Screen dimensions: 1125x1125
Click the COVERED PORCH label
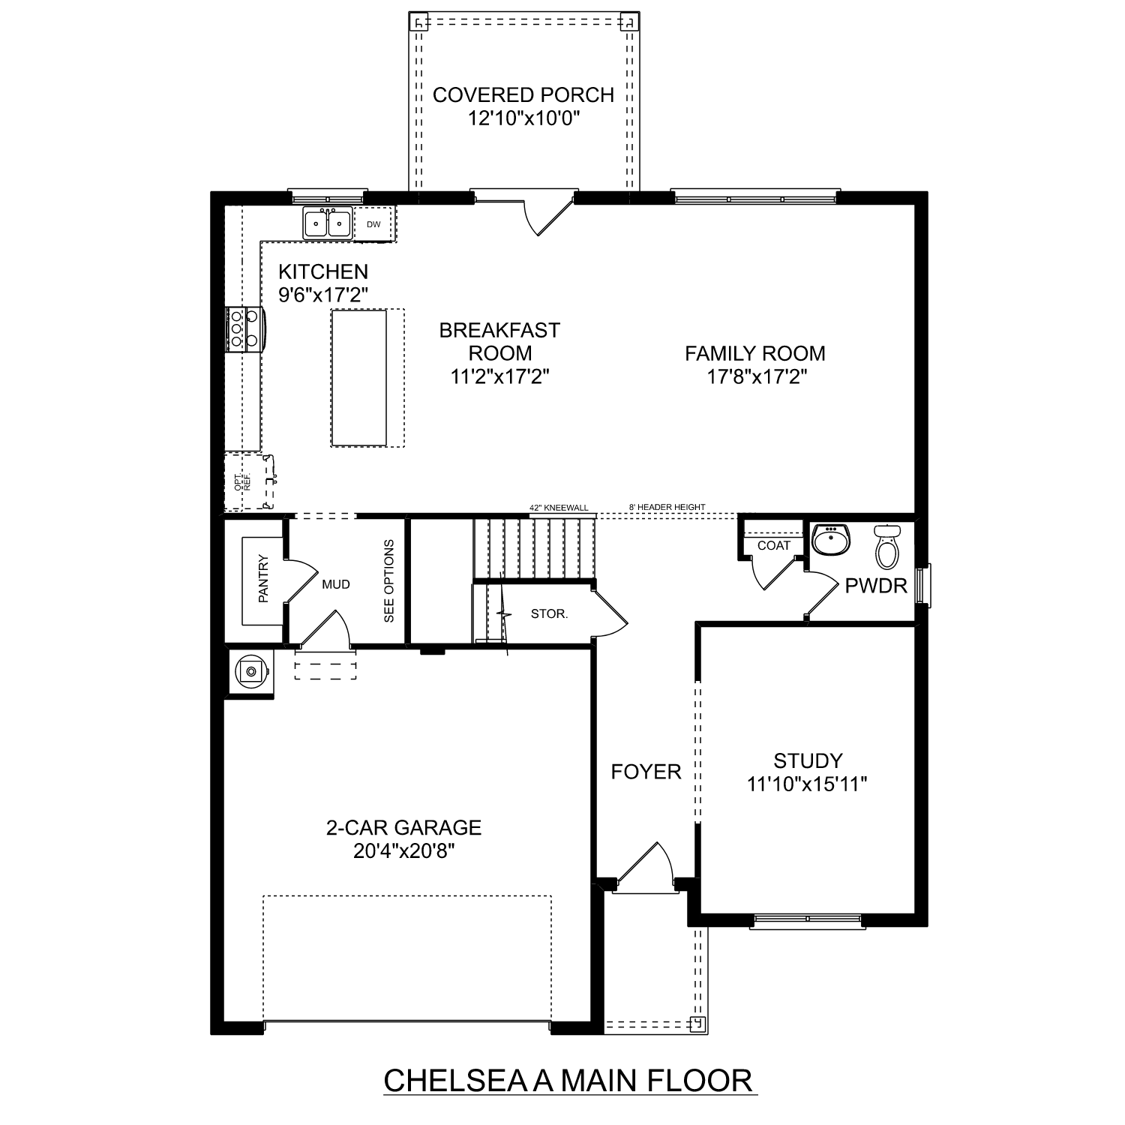[x=523, y=95]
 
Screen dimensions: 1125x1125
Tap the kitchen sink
[x=328, y=223]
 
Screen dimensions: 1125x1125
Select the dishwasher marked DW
[x=373, y=224]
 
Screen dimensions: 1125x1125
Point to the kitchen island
[x=359, y=378]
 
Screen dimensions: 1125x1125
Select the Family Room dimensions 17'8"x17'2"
[x=755, y=376]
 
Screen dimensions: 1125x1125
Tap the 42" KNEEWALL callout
[x=559, y=508]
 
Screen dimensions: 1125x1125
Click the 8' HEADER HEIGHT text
[x=667, y=508]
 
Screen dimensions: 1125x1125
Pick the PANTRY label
[x=263, y=578]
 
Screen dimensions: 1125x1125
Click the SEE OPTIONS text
[x=388, y=581]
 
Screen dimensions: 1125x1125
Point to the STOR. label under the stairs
[x=549, y=613]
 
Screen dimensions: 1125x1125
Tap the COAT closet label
[x=773, y=545]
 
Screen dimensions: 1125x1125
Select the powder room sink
[x=831, y=540]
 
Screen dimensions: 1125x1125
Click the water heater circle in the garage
[x=250, y=671]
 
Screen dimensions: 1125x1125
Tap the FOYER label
[x=646, y=772]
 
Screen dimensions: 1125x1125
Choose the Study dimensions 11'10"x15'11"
[x=807, y=784]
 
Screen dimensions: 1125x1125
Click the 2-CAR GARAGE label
[x=403, y=827]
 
